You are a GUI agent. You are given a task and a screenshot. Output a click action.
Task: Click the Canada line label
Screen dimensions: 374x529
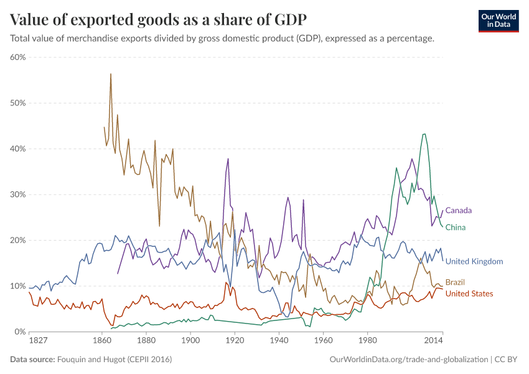coord(458,211)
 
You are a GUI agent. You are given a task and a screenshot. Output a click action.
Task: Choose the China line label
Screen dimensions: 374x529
coord(456,228)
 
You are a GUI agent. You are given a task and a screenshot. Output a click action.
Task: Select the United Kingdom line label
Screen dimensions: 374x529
coord(474,262)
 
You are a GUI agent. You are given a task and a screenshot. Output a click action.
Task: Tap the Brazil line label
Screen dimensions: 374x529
coord(455,282)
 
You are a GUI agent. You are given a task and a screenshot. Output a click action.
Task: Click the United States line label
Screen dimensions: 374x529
coord(469,294)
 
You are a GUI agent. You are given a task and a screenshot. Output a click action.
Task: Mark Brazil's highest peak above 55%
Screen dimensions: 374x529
coord(111,74)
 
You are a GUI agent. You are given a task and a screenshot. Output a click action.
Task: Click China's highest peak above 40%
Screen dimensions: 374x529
coord(424,134)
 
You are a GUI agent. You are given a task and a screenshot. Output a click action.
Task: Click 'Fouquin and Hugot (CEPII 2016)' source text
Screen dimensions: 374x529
coord(115,360)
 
